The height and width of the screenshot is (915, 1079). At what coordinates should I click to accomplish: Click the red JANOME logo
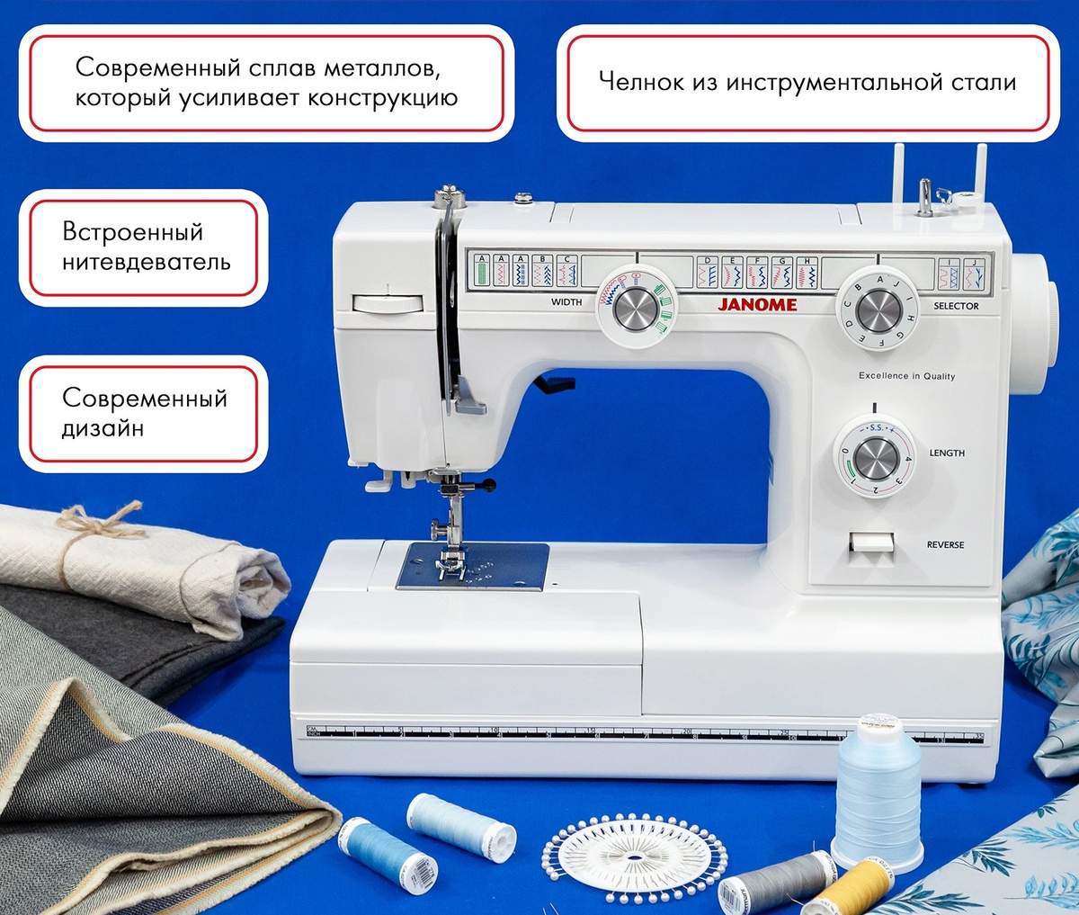[x=757, y=304]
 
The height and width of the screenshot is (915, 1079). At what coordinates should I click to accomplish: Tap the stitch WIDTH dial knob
[x=636, y=310]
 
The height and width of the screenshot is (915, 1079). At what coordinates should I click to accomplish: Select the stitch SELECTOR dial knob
[x=878, y=311]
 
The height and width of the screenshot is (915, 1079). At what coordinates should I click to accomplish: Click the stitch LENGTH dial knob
[x=876, y=459]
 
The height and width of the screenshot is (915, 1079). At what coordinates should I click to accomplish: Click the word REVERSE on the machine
[x=945, y=545]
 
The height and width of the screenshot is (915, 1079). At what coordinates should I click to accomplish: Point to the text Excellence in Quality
[x=906, y=376]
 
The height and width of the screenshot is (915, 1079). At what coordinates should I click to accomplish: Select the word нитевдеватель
[x=146, y=263]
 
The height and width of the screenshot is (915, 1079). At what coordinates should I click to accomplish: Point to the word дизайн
[x=103, y=429]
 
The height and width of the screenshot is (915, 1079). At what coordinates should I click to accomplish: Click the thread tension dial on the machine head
[x=388, y=303]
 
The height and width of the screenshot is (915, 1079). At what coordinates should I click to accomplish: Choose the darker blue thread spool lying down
[x=387, y=850]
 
